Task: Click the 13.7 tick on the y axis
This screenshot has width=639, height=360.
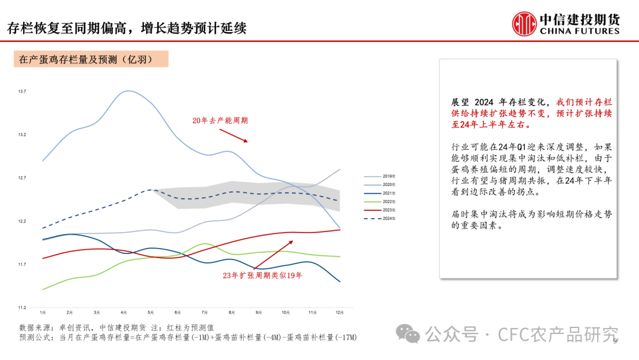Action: click(22, 91)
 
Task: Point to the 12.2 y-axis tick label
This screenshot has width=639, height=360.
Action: click(22, 221)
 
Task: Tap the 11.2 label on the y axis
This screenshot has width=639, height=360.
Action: click(22, 307)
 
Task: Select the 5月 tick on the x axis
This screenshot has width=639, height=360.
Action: click(150, 312)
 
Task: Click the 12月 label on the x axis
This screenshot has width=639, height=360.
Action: click(340, 312)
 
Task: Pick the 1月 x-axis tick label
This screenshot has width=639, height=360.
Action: click(43, 312)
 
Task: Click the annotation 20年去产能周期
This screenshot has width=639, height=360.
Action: click(220, 120)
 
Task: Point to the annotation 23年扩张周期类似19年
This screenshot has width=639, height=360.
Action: click(262, 275)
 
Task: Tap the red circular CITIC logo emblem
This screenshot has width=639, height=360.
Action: click(524, 24)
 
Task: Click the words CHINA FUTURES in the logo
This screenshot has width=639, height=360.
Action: click(579, 31)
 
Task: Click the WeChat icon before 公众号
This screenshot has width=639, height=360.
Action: click(408, 334)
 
